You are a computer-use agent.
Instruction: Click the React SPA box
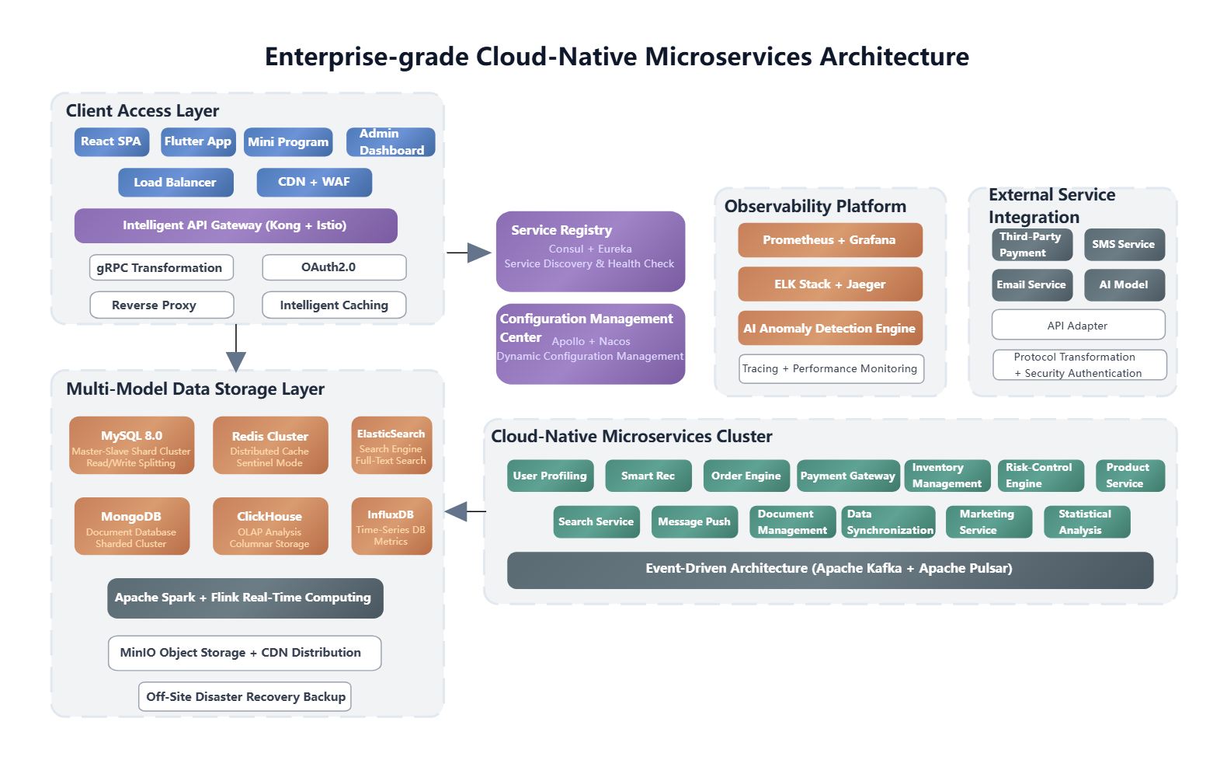[112, 142]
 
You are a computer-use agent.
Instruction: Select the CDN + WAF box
[315, 182]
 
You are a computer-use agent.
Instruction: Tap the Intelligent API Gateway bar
[235, 225]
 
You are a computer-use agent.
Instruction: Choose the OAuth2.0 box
[334, 267]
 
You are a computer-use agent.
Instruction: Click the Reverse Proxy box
[162, 305]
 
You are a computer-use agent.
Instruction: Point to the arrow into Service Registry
[469, 253]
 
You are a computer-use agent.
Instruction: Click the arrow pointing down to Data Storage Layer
[236, 348]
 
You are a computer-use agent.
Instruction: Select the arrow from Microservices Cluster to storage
[465, 511]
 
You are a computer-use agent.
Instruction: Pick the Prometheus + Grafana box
[830, 240]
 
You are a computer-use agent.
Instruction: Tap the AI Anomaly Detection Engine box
[830, 329]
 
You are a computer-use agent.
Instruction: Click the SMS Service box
[1124, 245]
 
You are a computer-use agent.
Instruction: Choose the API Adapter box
[1078, 325]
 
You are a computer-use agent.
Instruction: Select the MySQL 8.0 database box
[131, 445]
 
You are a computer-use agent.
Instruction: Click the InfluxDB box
[391, 526]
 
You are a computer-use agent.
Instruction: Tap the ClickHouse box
[270, 526]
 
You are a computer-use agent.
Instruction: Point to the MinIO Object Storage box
[245, 653]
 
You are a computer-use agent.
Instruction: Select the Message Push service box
[694, 522]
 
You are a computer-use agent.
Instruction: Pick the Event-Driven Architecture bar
[830, 570]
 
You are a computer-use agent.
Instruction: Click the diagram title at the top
[617, 57]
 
